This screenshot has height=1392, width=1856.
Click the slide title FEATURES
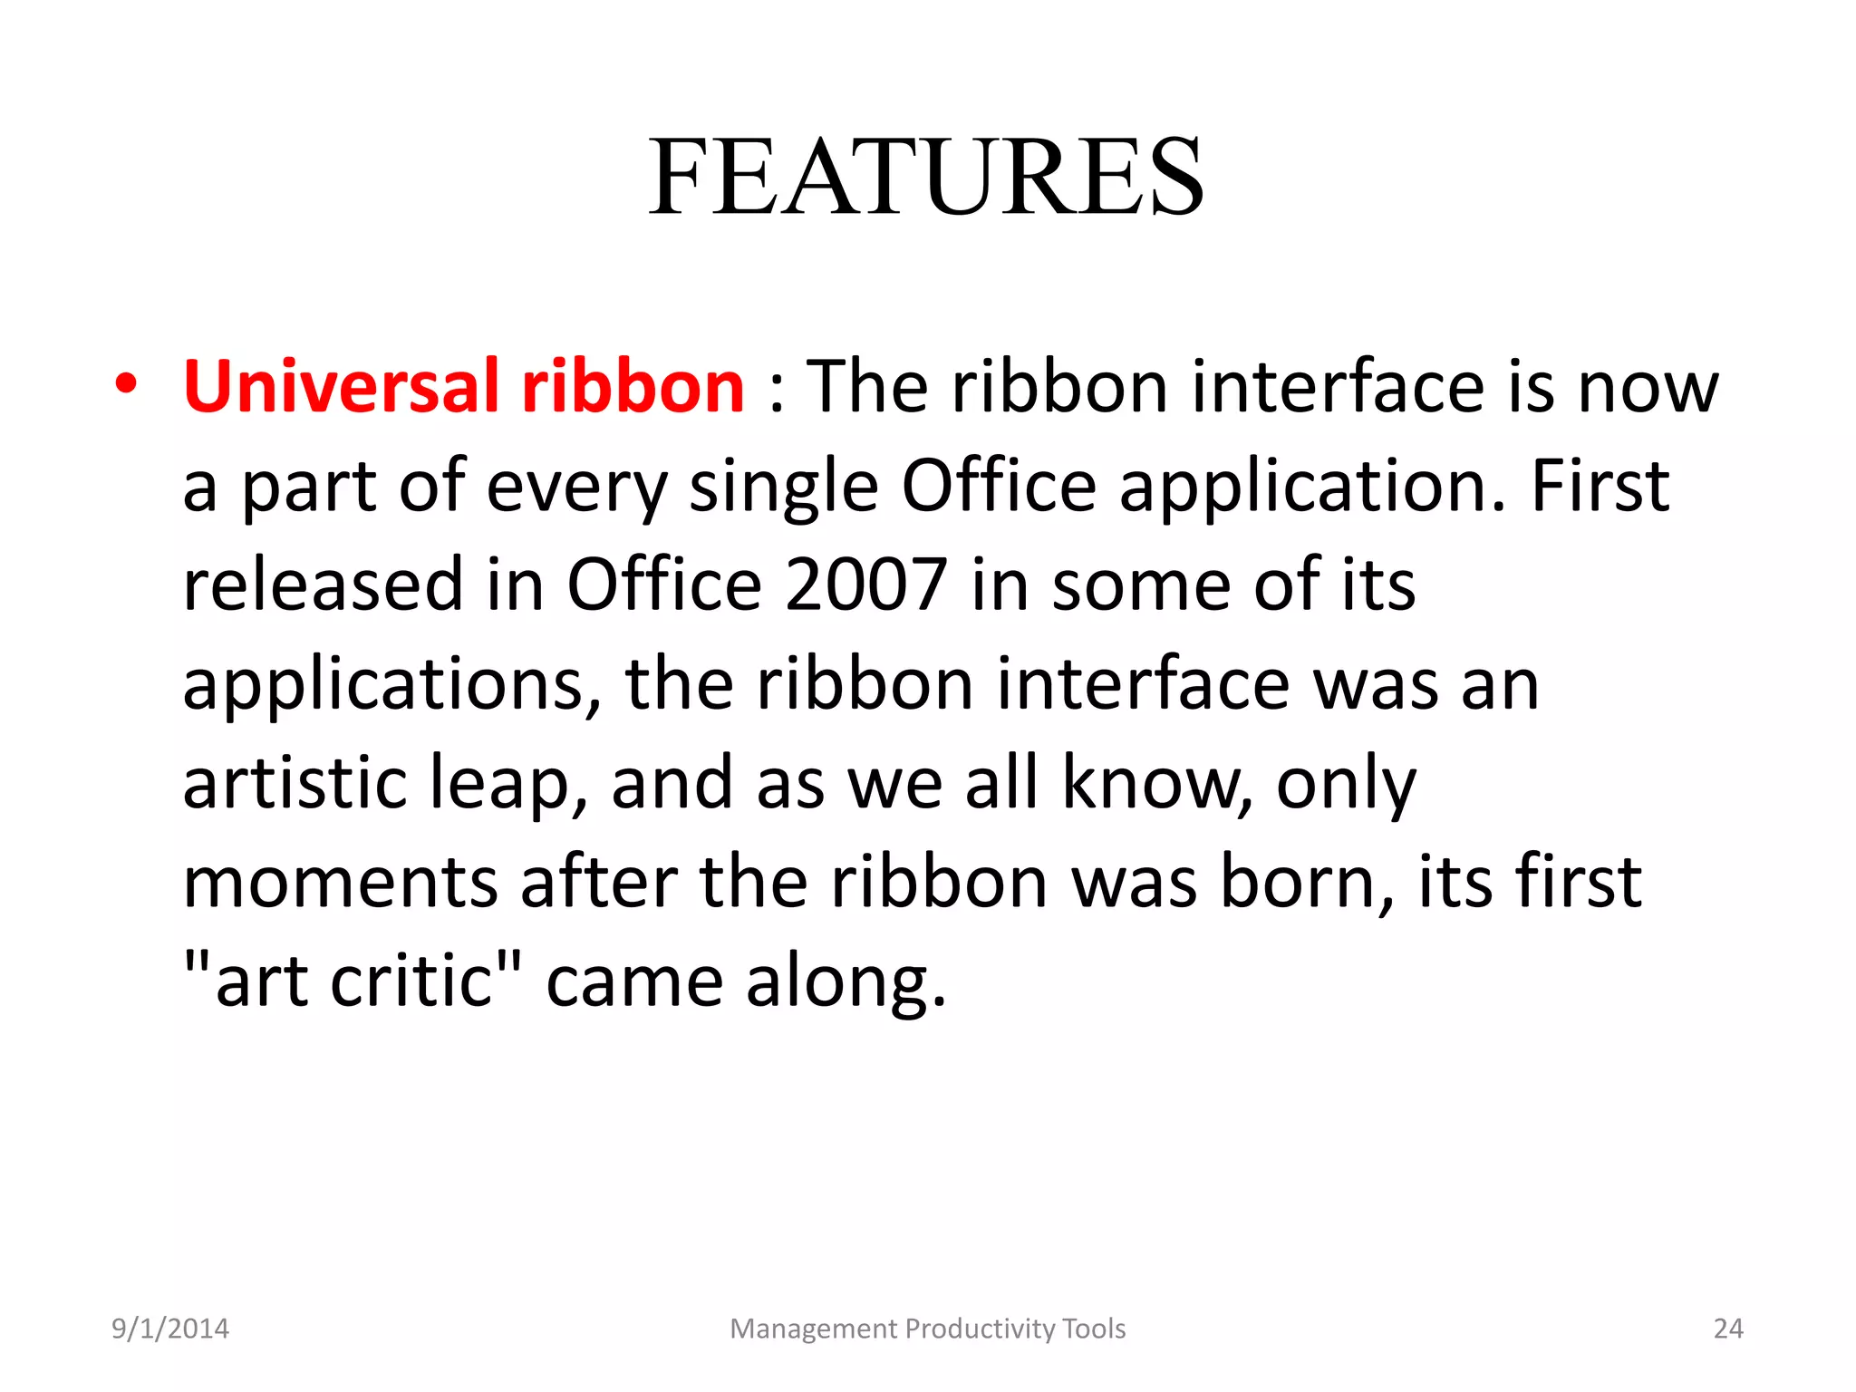[926, 177]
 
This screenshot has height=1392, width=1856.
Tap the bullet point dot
[126, 384]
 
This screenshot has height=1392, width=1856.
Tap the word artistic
[294, 783]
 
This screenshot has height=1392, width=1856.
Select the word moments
[340, 883]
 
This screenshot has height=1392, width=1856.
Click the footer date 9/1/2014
[170, 1329]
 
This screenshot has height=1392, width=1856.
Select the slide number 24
[1728, 1329]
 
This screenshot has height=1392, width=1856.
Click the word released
[323, 585]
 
